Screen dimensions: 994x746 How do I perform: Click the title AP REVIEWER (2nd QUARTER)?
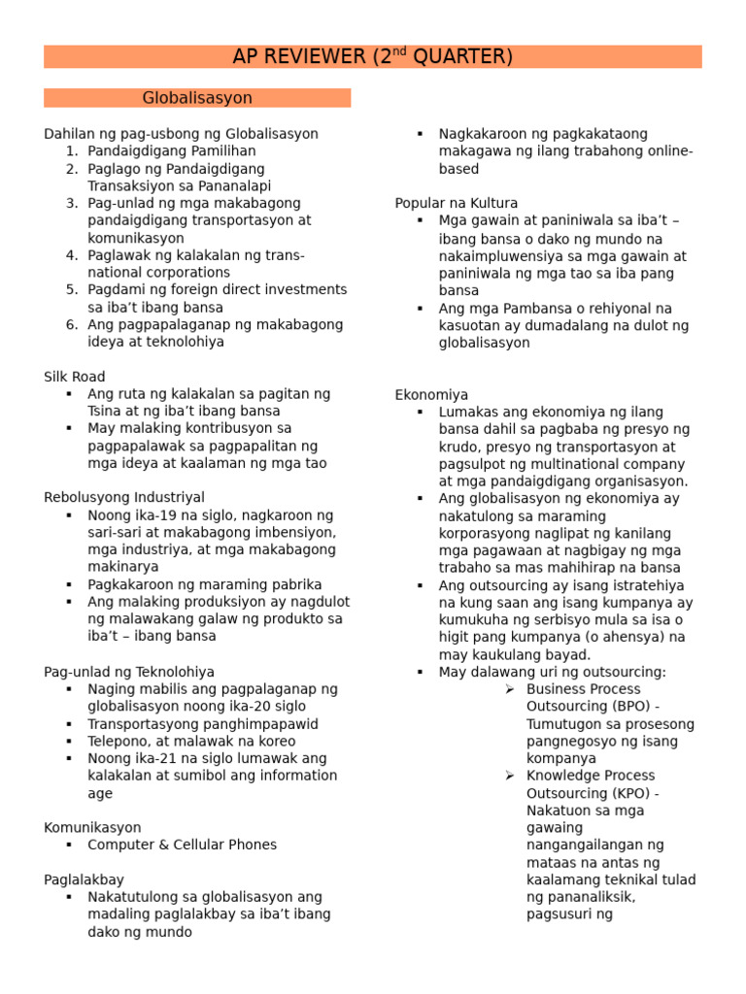click(372, 57)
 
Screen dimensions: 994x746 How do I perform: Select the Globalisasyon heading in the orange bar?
click(197, 98)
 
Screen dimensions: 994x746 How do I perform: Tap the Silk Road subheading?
click(75, 377)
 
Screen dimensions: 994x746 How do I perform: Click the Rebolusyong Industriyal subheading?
click(124, 498)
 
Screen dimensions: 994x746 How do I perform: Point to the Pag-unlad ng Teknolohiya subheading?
click(129, 672)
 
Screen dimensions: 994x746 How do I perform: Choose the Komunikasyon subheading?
click(92, 828)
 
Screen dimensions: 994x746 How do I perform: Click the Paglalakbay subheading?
click(84, 879)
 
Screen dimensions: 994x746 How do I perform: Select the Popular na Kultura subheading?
click(457, 203)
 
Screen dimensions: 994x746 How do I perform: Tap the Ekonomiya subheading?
click(431, 395)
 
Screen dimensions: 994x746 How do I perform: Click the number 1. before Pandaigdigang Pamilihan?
click(72, 151)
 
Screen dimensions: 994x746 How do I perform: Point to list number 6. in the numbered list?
click(72, 325)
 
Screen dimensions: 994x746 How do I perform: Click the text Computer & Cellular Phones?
click(182, 845)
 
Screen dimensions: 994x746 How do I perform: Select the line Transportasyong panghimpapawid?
click(203, 724)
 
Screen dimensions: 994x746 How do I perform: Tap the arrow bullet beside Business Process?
click(510, 689)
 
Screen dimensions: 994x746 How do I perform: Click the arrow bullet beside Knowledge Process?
click(510, 776)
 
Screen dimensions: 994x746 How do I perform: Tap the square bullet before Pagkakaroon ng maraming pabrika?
click(69, 584)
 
